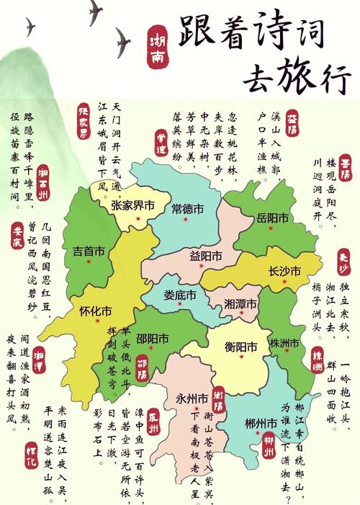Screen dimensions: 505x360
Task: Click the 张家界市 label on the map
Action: click(x=133, y=205)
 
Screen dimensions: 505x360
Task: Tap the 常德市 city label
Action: click(x=188, y=209)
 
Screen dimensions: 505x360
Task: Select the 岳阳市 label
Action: click(x=273, y=218)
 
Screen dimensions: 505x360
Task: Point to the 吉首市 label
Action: click(x=89, y=251)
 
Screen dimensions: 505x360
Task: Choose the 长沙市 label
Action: click(x=284, y=271)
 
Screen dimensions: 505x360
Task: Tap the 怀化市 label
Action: click(x=96, y=311)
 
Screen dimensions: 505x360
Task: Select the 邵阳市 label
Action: click(x=153, y=338)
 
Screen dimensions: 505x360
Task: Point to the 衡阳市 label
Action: click(x=240, y=347)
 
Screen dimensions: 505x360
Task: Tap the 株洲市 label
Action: click(x=284, y=342)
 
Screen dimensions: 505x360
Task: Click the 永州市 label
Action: click(x=192, y=398)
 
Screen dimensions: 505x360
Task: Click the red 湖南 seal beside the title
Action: click(x=157, y=47)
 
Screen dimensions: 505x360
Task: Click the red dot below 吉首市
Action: click(x=89, y=262)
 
